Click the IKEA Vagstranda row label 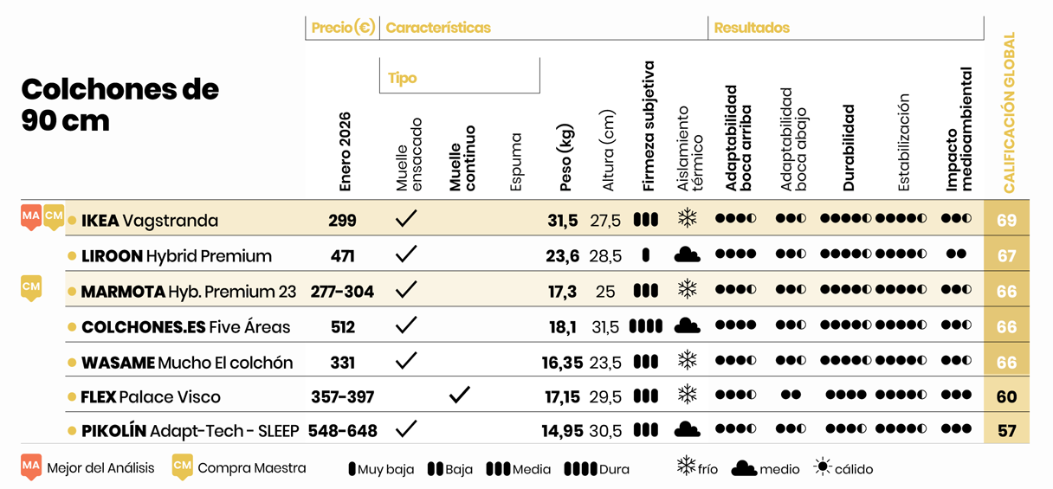tap(149, 221)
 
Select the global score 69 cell tap(1006, 221)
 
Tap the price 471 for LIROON tap(342, 256)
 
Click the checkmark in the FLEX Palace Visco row tap(460, 396)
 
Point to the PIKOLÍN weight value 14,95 tap(562, 431)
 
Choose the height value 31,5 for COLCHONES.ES tap(604, 327)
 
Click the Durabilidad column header tap(849, 148)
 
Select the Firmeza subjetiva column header tap(649, 126)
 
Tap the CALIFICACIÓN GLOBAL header tap(1009, 113)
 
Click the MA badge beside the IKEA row tap(31, 216)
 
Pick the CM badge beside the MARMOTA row tap(31, 287)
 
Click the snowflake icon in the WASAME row tap(687, 360)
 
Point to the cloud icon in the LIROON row tap(687, 255)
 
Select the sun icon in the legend tap(823, 468)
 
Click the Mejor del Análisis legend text tap(100, 468)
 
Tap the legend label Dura tap(614, 469)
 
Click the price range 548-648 tap(343, 431)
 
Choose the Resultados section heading tap(752, 28)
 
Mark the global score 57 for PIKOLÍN tap(1006, 431)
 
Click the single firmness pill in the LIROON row tap(646, 255)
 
